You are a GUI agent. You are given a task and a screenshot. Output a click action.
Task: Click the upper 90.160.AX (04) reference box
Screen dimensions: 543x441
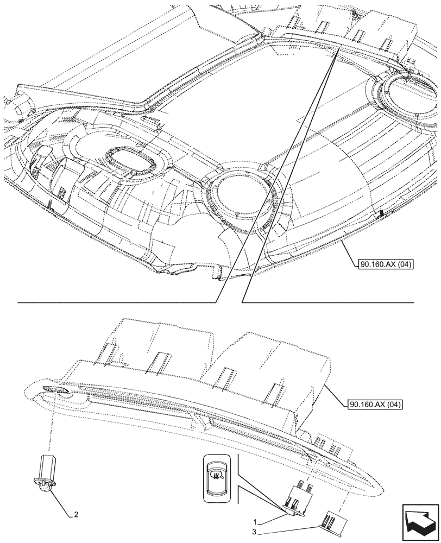(386, 265)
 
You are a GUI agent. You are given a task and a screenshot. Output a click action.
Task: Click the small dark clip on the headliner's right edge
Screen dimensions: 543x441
(381, 212)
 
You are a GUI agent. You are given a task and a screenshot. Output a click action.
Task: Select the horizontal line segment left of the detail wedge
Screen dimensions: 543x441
(117, 301)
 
